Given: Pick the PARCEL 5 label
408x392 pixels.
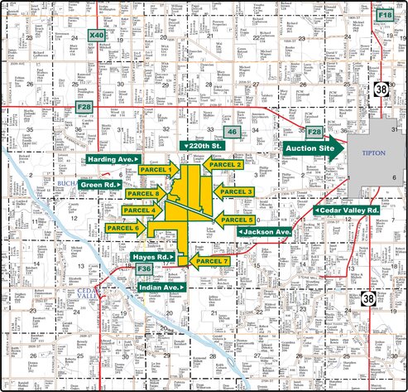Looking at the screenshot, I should pos(236,220).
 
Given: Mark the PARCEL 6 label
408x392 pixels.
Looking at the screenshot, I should pos(125,227).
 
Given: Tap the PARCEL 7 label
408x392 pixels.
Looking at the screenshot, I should pos(211,261).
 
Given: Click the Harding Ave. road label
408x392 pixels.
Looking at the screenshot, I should pos(113,158).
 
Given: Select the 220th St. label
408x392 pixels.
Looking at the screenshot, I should pos(203,146).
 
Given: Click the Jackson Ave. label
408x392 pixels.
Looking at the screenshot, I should pos(265,232).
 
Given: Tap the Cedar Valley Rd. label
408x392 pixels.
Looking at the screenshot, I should pos(348,211).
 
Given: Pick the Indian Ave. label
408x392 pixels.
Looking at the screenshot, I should pos(161,287).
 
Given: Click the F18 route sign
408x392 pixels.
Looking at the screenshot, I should pos(384,16).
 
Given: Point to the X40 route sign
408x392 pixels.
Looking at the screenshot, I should pos(97,36).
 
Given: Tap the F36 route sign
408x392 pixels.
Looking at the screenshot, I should pos(144,269).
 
